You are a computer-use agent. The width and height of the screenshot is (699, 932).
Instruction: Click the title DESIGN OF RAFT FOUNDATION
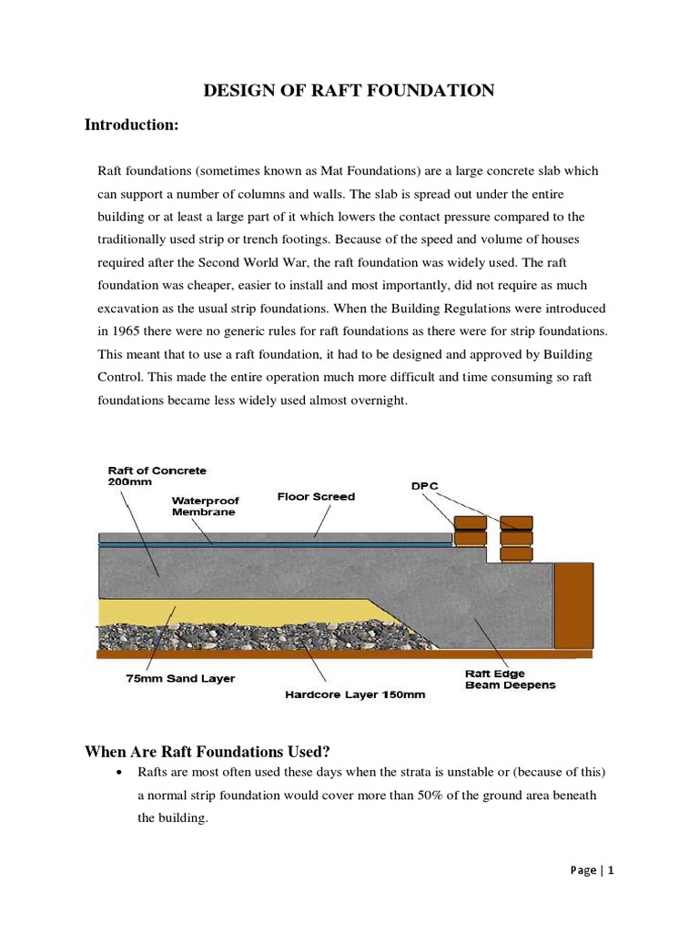[349, 89]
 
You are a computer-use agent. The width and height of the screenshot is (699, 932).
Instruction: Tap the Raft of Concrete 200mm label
[157, 476]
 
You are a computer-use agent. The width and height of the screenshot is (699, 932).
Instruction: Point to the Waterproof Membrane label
[204, 506]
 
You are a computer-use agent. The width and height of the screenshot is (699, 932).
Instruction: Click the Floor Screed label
[316, 497]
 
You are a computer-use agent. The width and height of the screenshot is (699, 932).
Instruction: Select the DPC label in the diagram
[424, 486]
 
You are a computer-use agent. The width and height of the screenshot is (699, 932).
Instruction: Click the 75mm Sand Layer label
[180, 678]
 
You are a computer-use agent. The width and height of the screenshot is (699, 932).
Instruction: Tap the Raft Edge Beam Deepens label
[509, 679]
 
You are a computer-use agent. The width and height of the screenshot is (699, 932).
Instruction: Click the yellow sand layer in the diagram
[228, 611]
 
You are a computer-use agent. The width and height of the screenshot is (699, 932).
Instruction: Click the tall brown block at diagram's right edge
[573, 605]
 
